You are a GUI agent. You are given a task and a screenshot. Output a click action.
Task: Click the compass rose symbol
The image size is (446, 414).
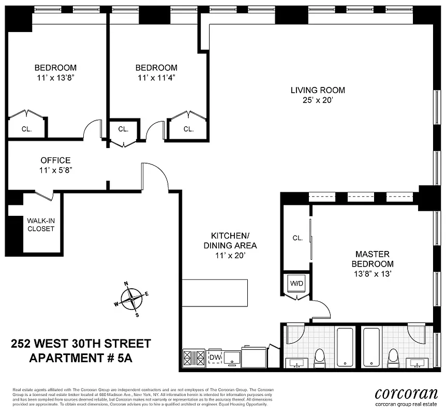coord(134,299)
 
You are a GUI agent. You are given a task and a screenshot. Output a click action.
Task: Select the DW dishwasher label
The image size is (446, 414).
coord(214,357)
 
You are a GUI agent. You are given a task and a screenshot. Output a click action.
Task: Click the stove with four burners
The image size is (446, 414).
coord(194,357)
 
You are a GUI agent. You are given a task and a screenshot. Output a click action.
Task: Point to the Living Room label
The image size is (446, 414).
coord(318,90)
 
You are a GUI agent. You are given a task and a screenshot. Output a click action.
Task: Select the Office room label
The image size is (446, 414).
coord(55,160)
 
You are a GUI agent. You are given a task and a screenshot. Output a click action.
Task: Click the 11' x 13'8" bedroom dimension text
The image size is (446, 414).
coord(55,78)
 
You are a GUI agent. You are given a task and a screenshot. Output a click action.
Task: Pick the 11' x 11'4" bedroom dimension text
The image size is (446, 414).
coord(156,78)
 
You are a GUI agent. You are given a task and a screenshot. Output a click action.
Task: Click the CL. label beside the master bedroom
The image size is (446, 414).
coord(298,238)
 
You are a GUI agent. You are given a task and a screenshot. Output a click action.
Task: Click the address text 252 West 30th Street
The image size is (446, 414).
coord(81,344)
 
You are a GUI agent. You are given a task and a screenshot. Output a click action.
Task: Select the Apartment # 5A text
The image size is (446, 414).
coord(81,358)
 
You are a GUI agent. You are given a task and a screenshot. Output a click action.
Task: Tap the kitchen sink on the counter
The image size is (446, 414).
coord(232,357)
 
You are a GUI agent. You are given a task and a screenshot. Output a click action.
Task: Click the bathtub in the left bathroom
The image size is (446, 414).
coord(345,347)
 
